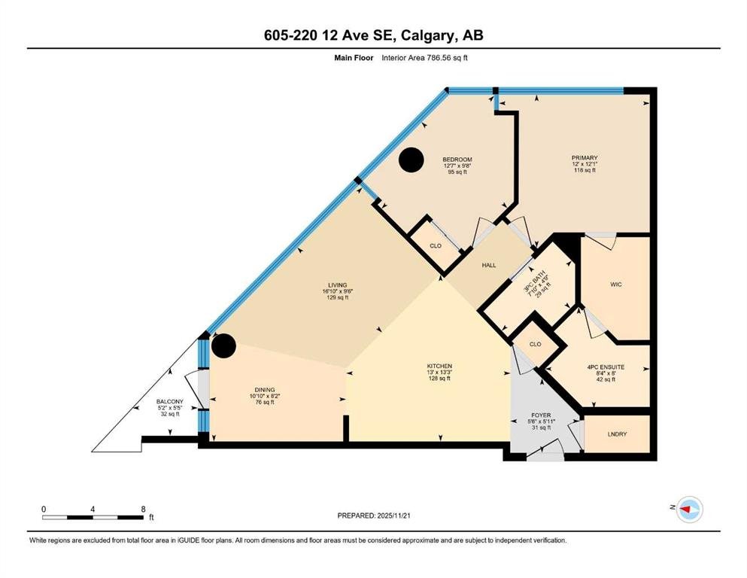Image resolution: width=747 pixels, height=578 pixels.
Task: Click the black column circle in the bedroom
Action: (x=411, y=160)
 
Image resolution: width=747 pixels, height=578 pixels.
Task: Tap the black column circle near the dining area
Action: (x=223, y=345)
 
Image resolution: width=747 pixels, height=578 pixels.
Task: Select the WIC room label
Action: (x=616, y=284)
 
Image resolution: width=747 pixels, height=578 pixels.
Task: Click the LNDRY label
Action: (x=617, y=434)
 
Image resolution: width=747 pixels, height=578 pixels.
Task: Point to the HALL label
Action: (x=489, y=266)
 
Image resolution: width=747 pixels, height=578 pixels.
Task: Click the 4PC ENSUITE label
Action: (x=606, y=367)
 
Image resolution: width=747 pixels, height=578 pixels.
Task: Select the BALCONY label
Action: (x=169, y=402)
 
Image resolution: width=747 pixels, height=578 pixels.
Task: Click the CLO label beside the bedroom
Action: (x=436, y=246)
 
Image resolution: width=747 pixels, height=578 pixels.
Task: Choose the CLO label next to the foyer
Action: (x=535, y=344)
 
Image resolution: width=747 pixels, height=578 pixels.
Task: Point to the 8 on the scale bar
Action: (x=144, y=509)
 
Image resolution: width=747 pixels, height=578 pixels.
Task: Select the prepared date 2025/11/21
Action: (x=393, y=516)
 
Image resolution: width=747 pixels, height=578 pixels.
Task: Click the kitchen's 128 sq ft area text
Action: (x=439, y=379)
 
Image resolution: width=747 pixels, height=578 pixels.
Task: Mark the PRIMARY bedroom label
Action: (x=585, y=158)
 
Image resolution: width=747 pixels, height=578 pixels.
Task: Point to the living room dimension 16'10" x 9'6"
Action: (x=337, y=291)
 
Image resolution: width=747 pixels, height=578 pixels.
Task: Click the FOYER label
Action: (x=541, y=415)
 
